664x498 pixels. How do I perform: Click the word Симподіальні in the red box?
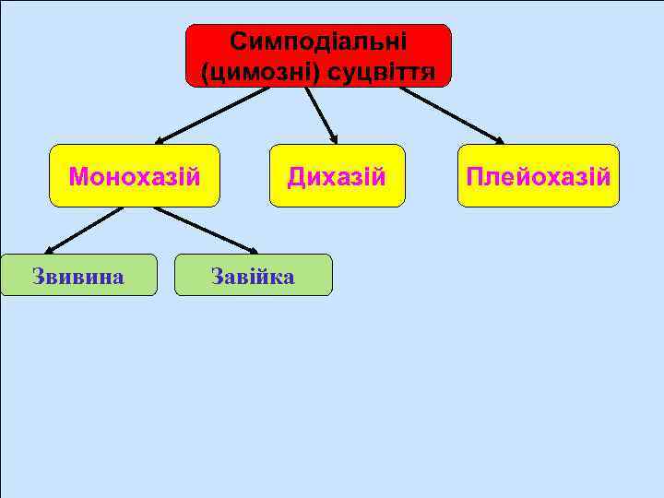click(318, 41)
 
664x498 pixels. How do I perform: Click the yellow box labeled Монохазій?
click(134, 175)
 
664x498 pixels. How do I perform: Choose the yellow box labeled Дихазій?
click(337, 175)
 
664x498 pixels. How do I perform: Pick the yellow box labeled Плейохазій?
click(539, 175)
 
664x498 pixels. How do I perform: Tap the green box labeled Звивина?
click(78, 275)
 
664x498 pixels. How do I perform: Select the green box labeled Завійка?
click(253, 275)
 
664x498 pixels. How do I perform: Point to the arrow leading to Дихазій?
click(321, 114)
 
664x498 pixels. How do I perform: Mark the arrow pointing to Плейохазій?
click(452, 115)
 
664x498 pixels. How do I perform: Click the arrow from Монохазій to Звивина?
click(85, 229)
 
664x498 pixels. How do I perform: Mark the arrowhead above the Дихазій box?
click(335, 140)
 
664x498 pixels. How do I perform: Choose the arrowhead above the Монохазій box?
click(160, 141)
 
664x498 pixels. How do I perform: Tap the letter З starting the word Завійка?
click(218, 275)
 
